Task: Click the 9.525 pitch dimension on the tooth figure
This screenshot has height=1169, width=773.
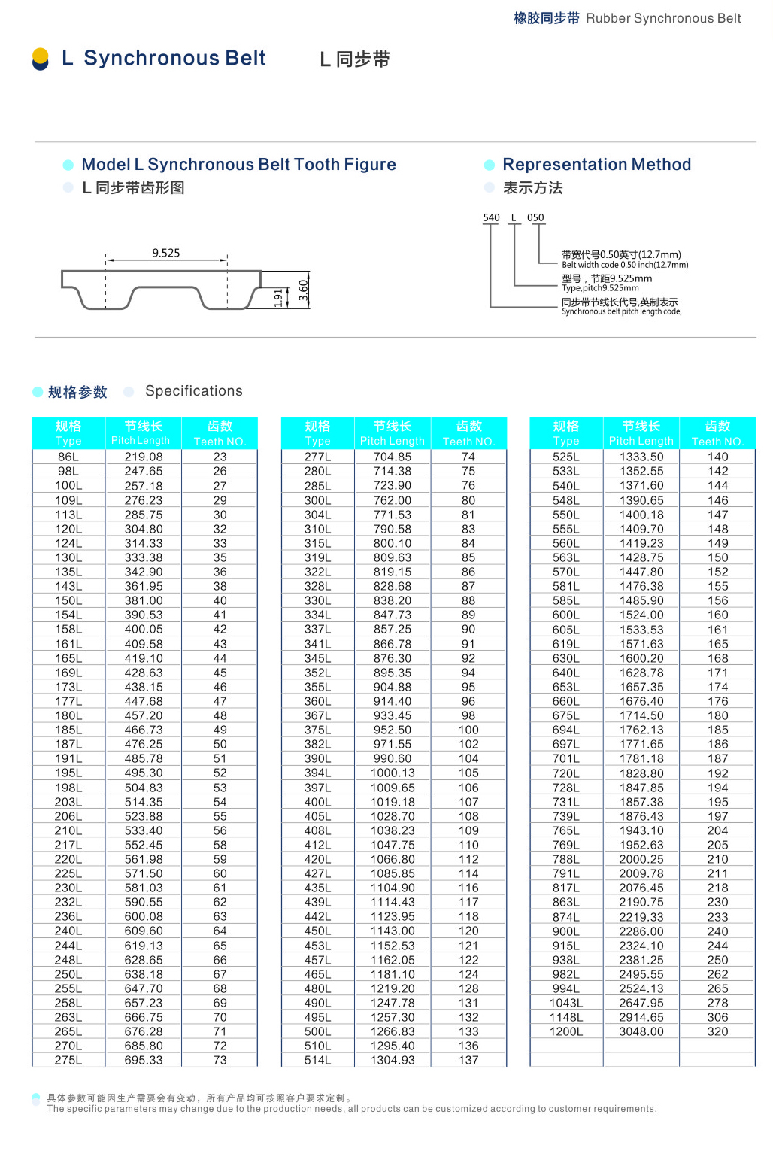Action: click(166, 253)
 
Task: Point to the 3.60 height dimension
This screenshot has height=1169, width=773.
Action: click(303, 290)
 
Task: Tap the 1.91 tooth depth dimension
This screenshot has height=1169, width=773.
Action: click(278, 297)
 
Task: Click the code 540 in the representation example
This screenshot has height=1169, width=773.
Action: click(491, 217)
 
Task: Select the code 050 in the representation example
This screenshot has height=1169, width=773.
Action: click(535, 217)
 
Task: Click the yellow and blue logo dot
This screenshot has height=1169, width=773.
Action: click(41, 59)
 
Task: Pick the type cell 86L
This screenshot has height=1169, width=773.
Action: click(68, 457)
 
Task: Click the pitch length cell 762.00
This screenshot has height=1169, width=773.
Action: click(393, 500)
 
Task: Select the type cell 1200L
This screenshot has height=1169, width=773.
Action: click(566, 1031)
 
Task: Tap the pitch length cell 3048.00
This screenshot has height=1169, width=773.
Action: click(641, 1031)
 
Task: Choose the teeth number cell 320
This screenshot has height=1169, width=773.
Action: click(717, 1031)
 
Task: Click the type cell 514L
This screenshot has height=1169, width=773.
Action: click(317, 1060)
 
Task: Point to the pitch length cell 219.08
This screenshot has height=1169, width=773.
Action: click(144, 457)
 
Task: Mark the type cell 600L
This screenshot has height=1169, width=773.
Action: click(566, 615)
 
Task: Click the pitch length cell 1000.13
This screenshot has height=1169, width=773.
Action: click(393, 773)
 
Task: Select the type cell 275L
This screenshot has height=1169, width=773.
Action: click(68, 1060)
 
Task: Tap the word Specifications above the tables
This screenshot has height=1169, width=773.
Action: click(194, 391)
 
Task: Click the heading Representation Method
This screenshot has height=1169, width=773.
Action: click(596, 165)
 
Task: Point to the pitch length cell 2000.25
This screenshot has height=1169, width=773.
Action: click(641, 859)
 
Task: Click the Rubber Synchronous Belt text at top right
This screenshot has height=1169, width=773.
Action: click(663, 18)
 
